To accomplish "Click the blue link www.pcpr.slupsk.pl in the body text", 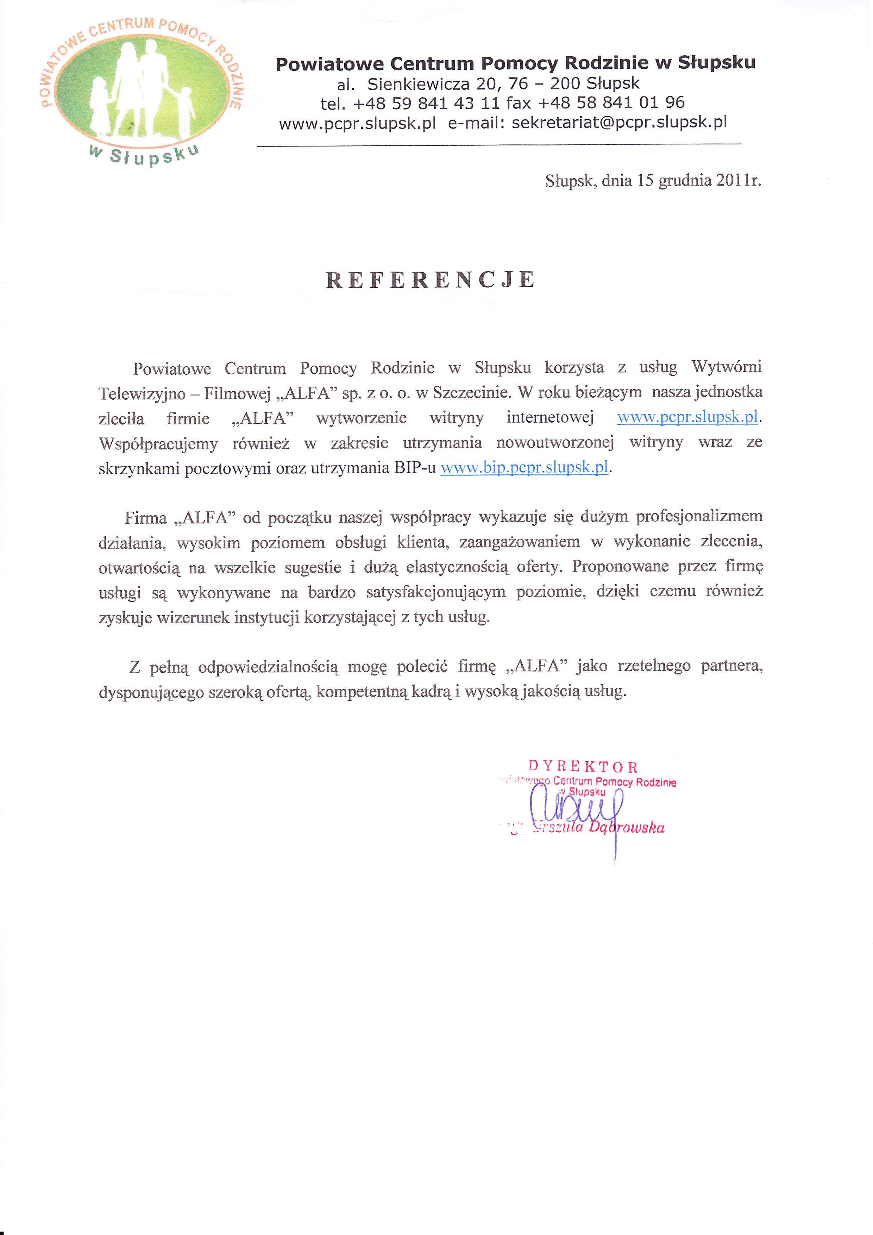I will point(687,417).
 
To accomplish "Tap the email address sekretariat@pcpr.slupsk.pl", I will point(619,123).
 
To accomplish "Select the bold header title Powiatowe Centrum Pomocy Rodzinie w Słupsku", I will point(515,64).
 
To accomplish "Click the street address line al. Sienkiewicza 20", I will point(488,84).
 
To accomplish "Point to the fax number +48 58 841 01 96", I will point(611,103).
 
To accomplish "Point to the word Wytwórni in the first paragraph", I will point(726,367).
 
